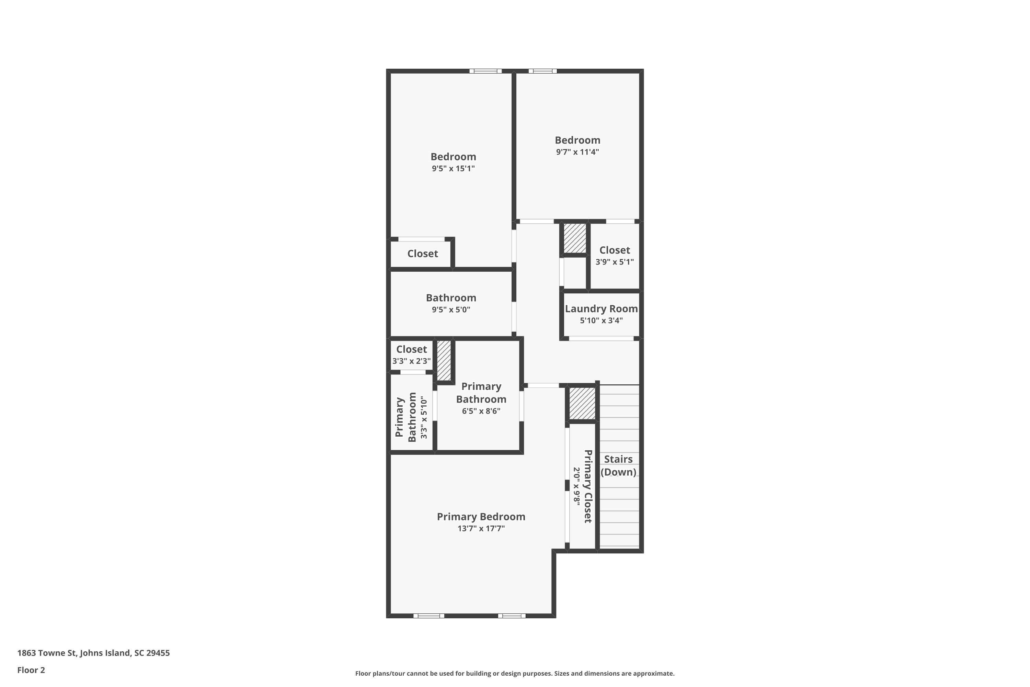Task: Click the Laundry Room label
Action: coord(601,308)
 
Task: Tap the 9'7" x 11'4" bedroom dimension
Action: coord(577,152)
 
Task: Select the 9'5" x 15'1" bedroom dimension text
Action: coord(453,169)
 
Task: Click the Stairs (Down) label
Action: coord(618,465)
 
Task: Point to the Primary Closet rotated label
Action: coord(588,486)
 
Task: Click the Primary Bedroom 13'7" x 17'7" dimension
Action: coord(481,528)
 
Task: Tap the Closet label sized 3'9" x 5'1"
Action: coord(615,250)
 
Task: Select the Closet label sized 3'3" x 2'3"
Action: coord(411,349)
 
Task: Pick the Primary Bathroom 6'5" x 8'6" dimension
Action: coord(481,411)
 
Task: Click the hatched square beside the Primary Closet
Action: coord(582,403)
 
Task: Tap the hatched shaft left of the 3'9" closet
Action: coord(574,238)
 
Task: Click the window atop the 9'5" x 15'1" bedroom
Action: coord(485,71)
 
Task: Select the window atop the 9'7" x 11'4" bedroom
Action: coord(542,71)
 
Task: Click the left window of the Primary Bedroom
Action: coord(429,616)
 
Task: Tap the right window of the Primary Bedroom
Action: coord(512,616)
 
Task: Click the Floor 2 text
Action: coord(31,670)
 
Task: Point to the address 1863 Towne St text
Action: coord(93,653)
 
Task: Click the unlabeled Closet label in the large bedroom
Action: coord(422,254)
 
